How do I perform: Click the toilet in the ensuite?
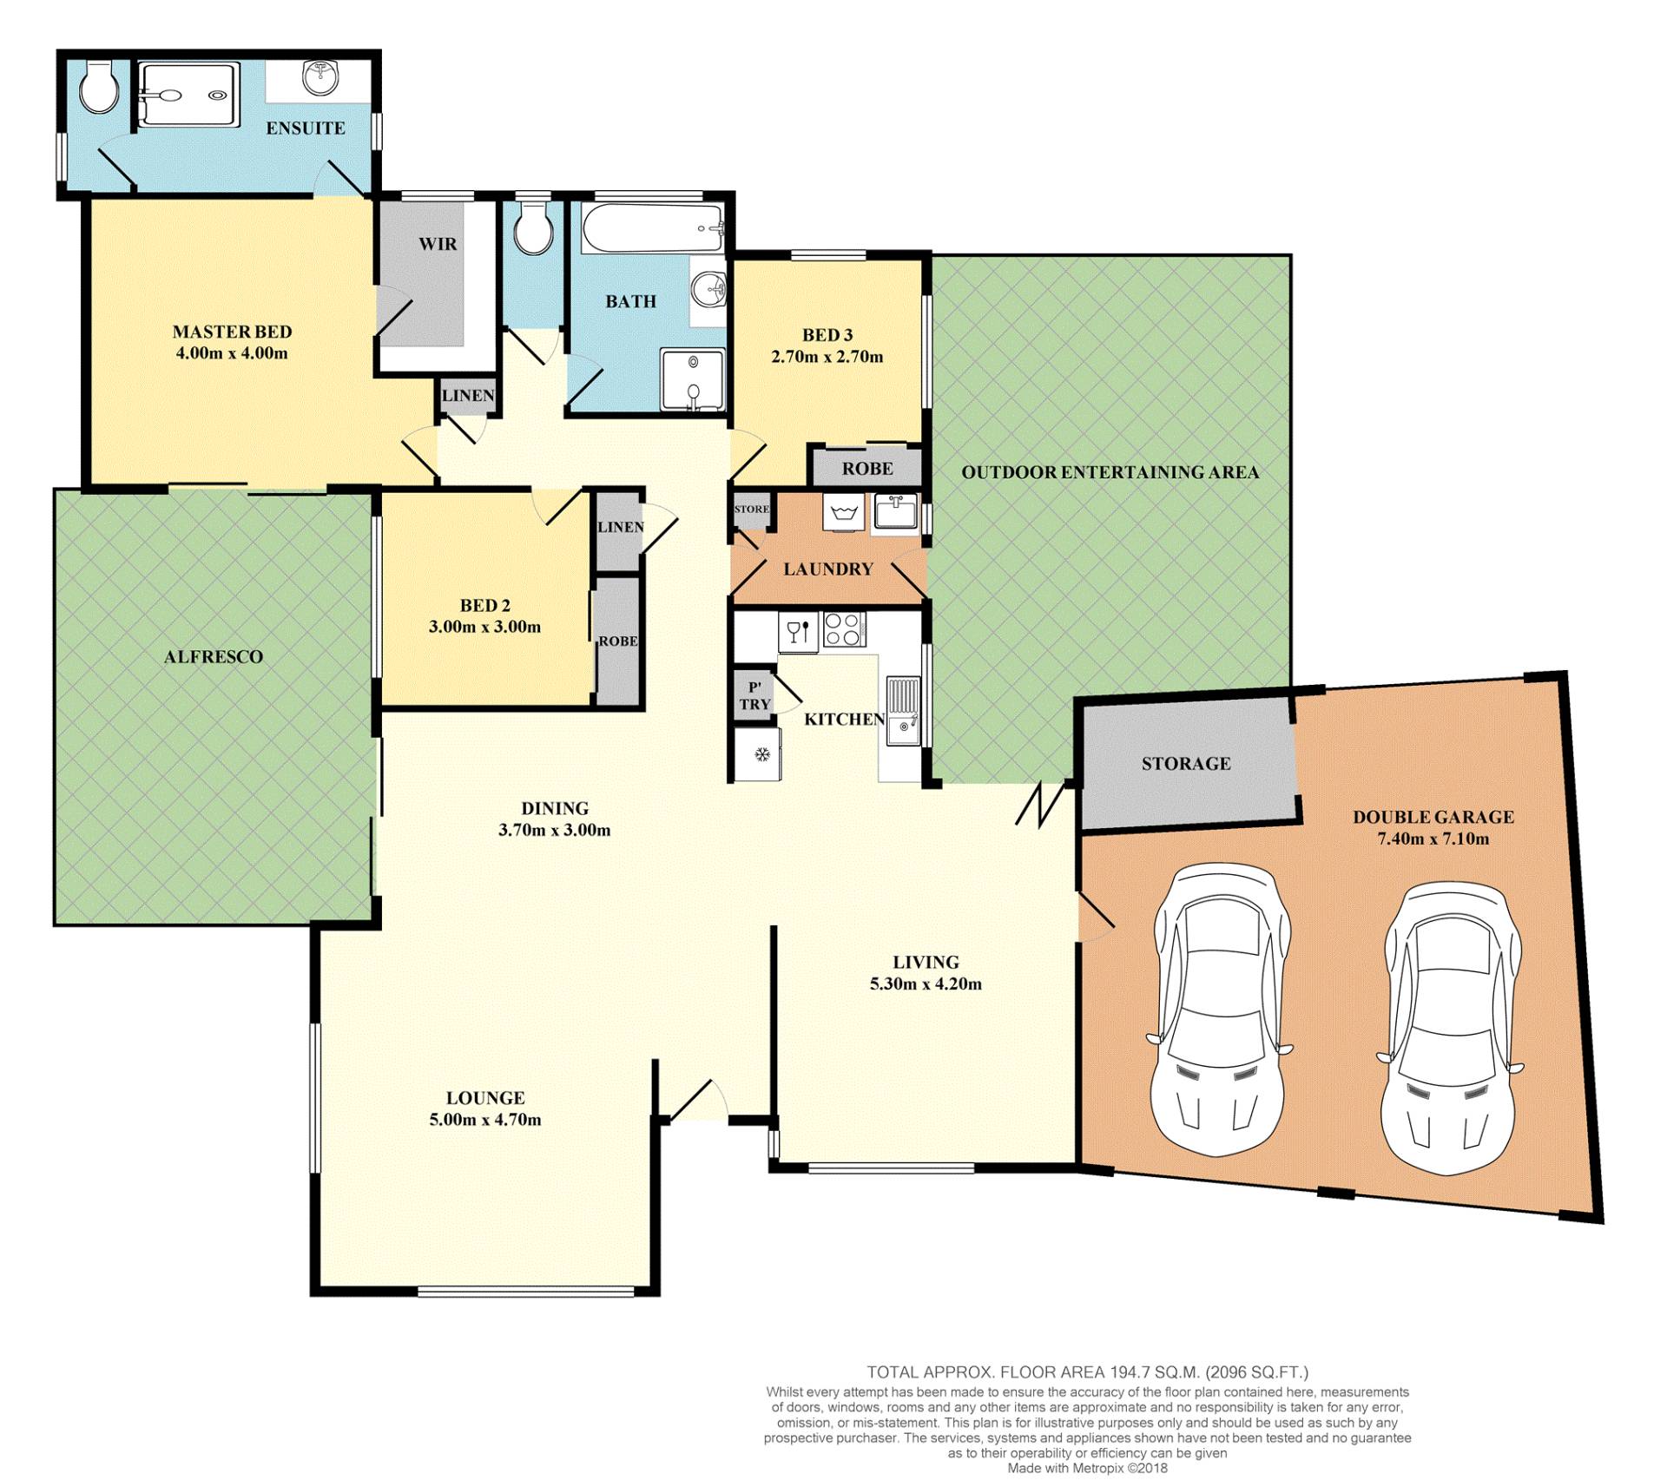tap(100, 86)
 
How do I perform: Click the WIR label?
tap(438, 244)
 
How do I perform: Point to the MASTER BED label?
tap(232, 332)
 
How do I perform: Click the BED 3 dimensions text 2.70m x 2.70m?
tap(827, 357)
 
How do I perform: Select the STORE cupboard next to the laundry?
tap(751, 511)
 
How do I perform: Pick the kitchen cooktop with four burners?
tap(844, 630)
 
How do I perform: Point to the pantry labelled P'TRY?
tap(754, 696)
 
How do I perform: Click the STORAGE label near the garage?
tap(1186, 764)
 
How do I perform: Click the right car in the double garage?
tap(1450, 1024)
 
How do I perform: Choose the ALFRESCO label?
tap(214, 657)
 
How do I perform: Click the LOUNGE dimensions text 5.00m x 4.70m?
tap(485, 1120)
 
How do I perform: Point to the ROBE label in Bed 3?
tap(867, 469)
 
